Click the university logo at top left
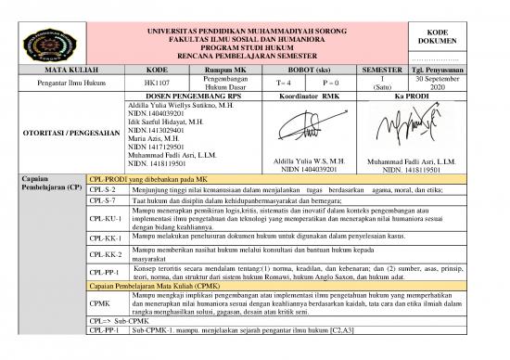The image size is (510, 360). (x=41, y=43)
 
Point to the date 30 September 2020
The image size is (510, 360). (x=469, y=83)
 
